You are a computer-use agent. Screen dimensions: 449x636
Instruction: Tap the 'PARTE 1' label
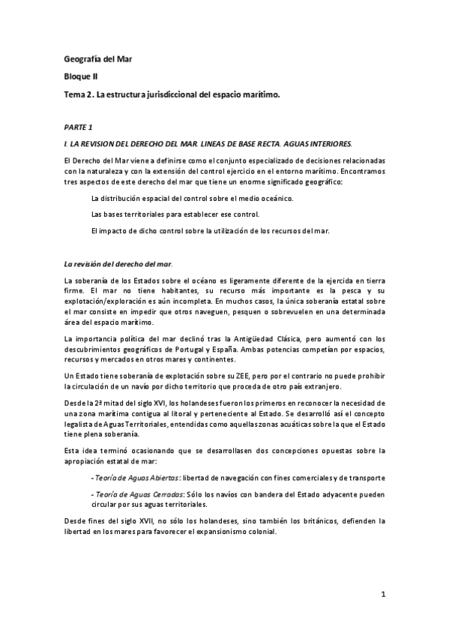tap(79, 127)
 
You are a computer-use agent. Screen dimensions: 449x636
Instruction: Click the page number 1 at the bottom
tap(382, 595)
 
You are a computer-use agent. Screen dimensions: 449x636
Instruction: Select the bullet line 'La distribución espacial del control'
tap(191, 198)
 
